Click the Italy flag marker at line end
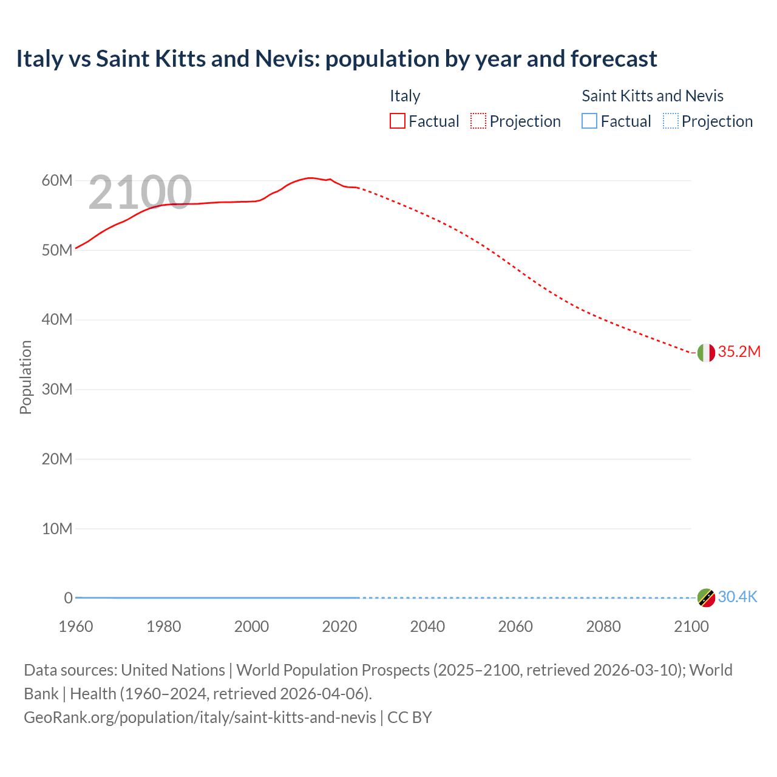(706, 353)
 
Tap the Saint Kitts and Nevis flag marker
(706, 598)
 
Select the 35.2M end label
(739, 352)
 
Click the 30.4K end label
(738, 597)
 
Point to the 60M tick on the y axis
(57, 181)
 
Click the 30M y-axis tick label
(57, 389)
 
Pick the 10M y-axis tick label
(57, 529)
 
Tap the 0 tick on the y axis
(68, 598)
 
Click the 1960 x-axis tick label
(76, 626)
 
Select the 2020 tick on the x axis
(339, 626)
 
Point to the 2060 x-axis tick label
(515, 626)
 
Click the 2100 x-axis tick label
(691, 626)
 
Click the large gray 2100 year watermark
(140, 192)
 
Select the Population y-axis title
(25, 377)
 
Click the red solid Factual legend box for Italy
(398, 121)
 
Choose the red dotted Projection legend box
(478, 121)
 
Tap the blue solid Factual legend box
(589, 121)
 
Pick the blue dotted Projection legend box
(671, 121)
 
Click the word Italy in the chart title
(39, 59)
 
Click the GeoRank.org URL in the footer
(200, 718)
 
